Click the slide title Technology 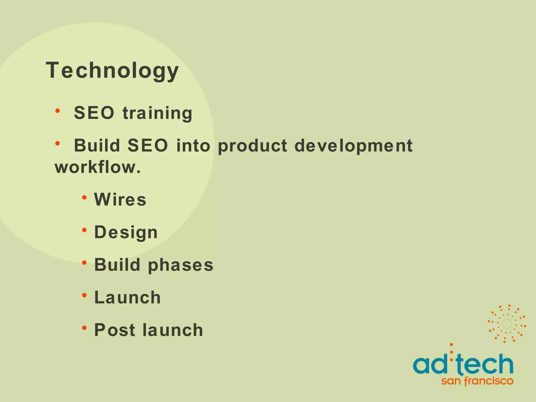point(112,70)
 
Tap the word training point(158,113)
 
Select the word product point(253,146)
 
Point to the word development point(353,146)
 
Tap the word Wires point(120,199)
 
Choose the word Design point(126,232)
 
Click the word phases point(181,265)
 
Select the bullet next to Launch point(84,295)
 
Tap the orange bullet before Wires point(84,197)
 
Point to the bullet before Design point(84,230)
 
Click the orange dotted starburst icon point(507,324)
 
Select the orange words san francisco point(477,381)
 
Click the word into point(193,146)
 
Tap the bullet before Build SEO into point(58,143)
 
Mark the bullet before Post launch point(84,328)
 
